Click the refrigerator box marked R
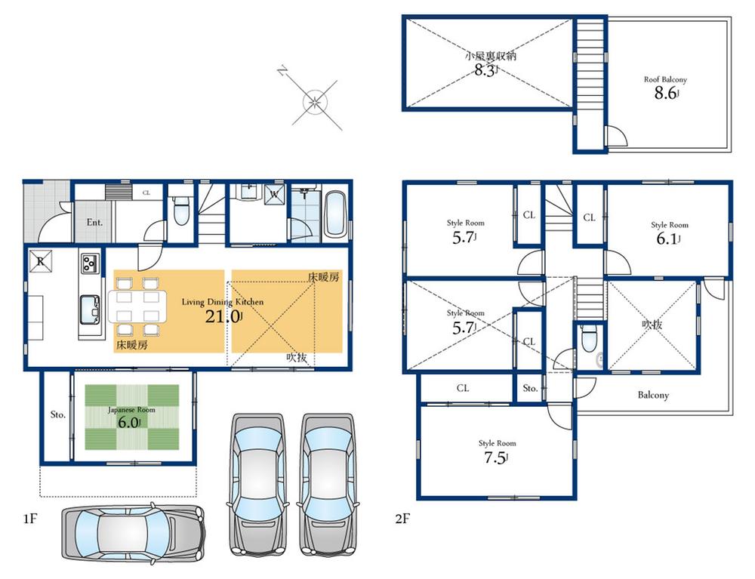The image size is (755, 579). point(39,261)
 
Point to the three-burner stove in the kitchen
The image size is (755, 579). point(90,263)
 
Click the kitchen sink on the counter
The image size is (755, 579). point(90,308)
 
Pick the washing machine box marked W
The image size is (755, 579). point(273,193)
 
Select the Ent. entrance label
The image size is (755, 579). point(94,223)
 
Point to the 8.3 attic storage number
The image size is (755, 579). point(484,70)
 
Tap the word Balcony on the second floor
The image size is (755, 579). point(653,395)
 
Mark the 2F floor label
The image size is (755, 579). point(402,519)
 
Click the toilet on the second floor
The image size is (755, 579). point(588,341)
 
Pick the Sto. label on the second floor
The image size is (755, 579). point(530,388)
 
